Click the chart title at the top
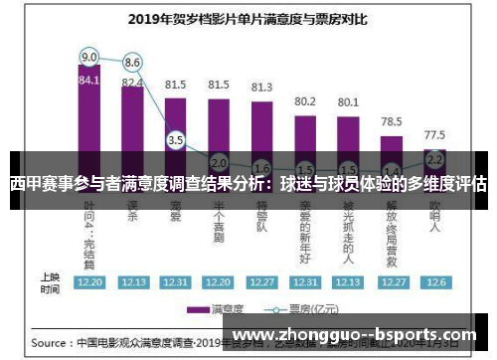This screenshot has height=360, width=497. pyautogui.click(x=248, y=18)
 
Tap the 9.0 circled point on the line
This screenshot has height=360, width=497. pyautogui.click(x=89, y=57)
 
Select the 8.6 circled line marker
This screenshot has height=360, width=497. pyautogui.click(x=132, y=62)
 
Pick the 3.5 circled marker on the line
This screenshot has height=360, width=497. pyautogui.click(x=176, y=141)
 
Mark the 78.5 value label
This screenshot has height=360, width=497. pyautogui.click(x=391, y=120)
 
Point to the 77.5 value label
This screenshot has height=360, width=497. pyautogui.click(x=433, y=134)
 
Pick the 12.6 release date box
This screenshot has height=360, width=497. pyautogui.click(x=433, y=282)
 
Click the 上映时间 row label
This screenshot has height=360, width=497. pyautogui.click(x=49, y=281)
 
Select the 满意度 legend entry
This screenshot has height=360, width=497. pyautogui.click(x=220, y=308)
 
